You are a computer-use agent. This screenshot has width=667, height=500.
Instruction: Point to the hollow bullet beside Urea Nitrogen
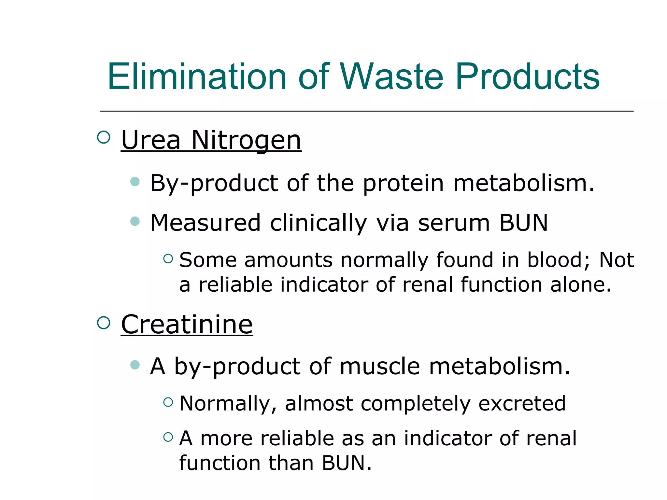click(x=104, y=137)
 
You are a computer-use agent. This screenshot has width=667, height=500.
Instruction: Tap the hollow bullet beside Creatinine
click(x=104, y=323)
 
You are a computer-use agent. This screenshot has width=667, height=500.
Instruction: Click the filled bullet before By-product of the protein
click(x=135, y=181)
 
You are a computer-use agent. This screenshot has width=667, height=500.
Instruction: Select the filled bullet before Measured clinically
click(x=135, y=221)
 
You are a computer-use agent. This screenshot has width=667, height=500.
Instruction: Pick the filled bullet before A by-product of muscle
click(x=135, y=365)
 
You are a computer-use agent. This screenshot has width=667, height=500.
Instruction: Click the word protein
click(x=403, y=183)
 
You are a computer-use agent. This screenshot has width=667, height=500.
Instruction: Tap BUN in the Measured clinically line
click(x=523, y=223)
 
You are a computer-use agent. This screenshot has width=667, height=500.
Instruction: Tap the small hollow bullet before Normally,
click(x=168, y=402)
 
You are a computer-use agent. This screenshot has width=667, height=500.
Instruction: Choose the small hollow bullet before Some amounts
click(x=168, y=258)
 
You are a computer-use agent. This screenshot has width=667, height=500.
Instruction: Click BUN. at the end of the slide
click(x=347, y=463)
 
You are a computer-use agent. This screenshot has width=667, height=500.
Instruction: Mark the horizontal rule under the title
click(x=366, y=111)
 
